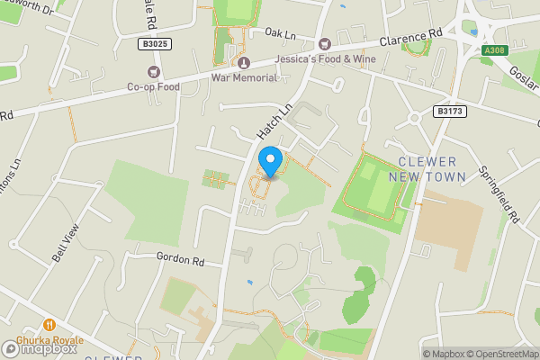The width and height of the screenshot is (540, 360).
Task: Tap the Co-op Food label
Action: click(152, 86)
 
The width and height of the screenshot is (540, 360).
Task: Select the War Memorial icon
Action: click(244, 62)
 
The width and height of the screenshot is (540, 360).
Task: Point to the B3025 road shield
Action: click(156, 43)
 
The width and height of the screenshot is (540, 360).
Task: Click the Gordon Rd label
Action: click(181, 260)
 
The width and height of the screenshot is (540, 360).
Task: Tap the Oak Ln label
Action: click(280, 33)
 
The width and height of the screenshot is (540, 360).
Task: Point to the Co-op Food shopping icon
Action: click(152, 72)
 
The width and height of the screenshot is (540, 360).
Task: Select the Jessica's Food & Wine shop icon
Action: click(324, 44)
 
